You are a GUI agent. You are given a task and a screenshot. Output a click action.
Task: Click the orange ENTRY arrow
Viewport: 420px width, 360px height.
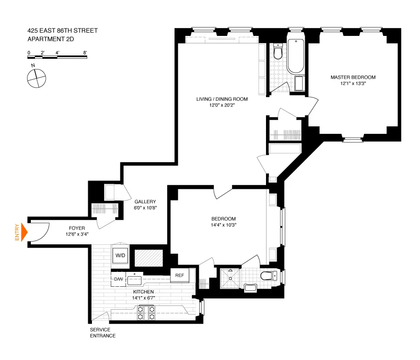tap(25, 232)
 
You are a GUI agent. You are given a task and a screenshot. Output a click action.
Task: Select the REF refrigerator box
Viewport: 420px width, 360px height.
tap(180, 275)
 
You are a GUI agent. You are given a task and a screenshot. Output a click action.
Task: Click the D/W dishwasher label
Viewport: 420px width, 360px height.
tap(118, 279)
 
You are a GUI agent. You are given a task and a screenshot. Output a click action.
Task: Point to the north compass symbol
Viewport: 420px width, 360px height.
tap(36, 77)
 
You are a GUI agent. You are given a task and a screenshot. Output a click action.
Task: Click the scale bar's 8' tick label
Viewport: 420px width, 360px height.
tap(85, 53)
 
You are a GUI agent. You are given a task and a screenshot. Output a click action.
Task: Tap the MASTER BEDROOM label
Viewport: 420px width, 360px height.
tap(353, 77)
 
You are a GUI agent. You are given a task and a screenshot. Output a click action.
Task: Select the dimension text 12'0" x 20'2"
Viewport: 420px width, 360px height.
tap(222, 105)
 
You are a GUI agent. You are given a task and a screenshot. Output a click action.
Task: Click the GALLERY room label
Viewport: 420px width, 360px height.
tap(146, 201)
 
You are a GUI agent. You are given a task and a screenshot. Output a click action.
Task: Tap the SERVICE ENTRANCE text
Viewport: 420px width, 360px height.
tap(103, 332)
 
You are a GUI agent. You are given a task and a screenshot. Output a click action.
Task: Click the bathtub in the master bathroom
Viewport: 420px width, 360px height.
tap(296, 56)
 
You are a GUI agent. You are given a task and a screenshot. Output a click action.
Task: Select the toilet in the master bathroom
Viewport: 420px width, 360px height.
tap(278, 52)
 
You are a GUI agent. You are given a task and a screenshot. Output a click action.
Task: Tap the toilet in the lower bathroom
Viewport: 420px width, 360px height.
tap(269, 276)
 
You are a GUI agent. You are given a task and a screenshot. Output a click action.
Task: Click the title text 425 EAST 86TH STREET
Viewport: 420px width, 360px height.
tap(63, 31)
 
